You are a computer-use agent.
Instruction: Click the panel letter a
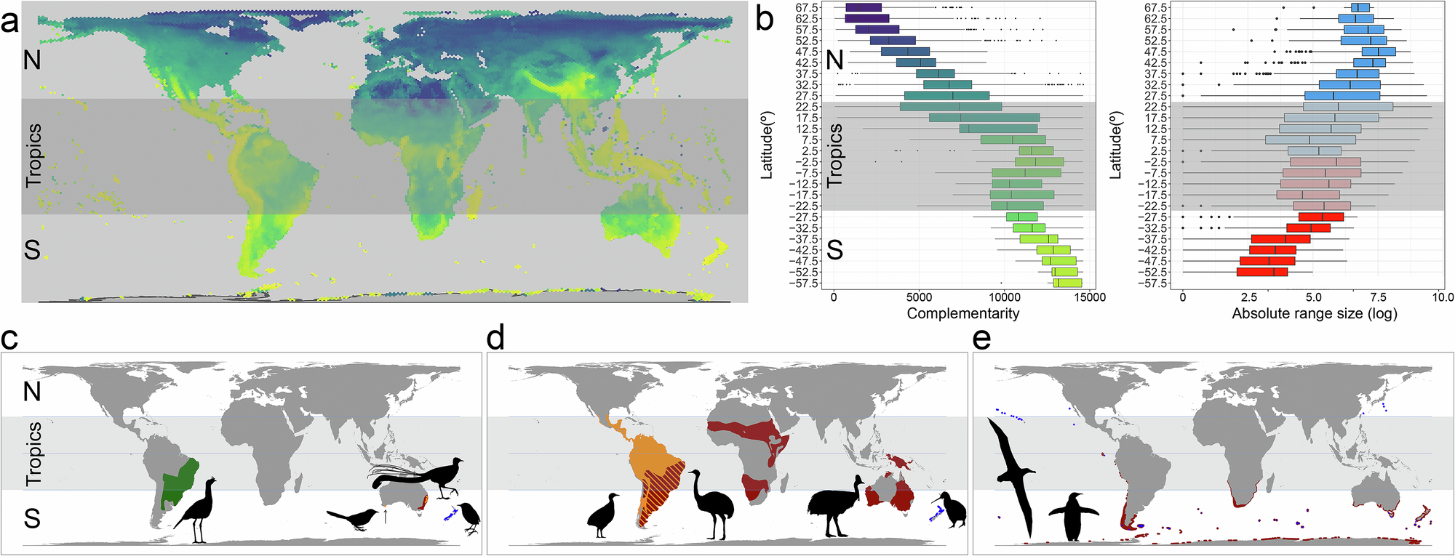coord(9,22)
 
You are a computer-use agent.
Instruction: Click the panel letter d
coord(495,339)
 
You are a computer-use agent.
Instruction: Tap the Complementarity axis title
coord(962,314)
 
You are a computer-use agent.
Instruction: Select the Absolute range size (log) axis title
coord(1314,314)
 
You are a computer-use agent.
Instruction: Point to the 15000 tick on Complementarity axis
coord(1089,297)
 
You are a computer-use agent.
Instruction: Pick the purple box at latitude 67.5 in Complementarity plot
coord(864,7)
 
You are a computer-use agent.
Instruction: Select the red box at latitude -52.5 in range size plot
coord(1261,272)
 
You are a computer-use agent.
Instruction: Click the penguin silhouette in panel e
coord(1072,517)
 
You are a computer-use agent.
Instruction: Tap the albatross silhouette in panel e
coord(1013,472)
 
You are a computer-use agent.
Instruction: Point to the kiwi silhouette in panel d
coord(952,508)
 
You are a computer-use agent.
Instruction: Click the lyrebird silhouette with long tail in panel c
coord(422,473)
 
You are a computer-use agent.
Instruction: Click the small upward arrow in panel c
coord(385,516)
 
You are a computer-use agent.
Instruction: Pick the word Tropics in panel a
coord(33,156)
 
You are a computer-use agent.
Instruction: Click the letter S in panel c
coord(32,518)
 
